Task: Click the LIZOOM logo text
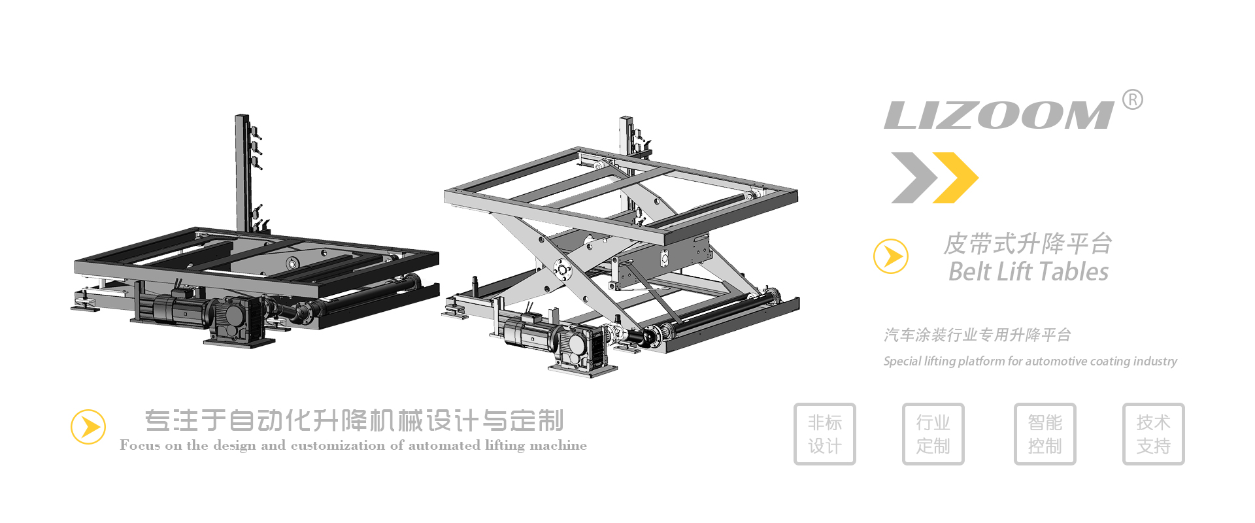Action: tap(999, 115)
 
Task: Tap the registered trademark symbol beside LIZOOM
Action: tap(1133, 99)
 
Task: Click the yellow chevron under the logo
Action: tap(955, 178)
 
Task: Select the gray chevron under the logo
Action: tap(914, 178)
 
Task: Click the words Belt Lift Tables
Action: tap(1028, 271)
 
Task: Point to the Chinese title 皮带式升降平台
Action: tap(1028, 244)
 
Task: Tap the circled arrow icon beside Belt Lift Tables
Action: tap(891, 256)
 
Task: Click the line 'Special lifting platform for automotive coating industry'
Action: tap(1030, 361)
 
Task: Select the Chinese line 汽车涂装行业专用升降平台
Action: tap(977, 335)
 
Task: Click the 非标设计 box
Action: tap(825, 434)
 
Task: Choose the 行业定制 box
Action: tap(933, 434)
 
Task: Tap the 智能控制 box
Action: tap(1045, 434)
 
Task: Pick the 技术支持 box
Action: tap(1154, 434)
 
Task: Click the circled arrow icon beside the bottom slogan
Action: tap(88, 427)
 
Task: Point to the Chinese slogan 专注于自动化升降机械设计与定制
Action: tap(354, 420)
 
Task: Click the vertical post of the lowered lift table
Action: tap(243, 173)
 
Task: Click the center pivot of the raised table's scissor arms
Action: tap(561, 269)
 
